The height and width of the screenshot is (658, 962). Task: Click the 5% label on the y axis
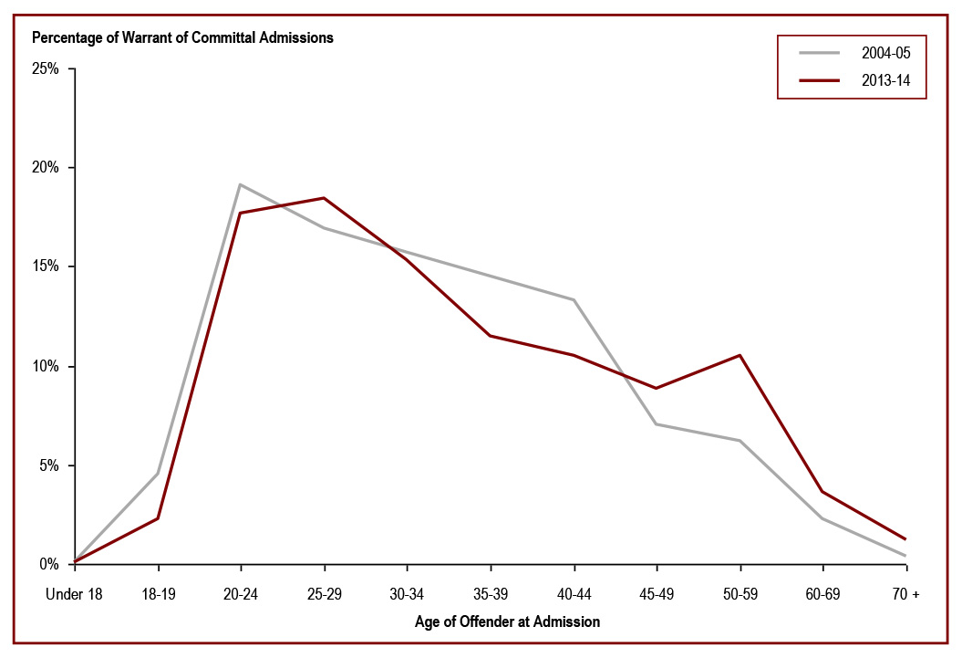tap(49, 465)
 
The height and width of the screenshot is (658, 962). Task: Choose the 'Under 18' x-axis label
tap(75, 594)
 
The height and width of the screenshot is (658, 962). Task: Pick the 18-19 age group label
tap(158, 594)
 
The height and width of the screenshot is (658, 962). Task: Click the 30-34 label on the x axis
tap(407, 594)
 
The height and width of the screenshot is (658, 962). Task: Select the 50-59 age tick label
tap(740, 594)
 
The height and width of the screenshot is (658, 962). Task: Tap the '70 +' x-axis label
tap(905, 594)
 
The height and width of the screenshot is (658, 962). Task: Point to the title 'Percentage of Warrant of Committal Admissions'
tap(183, 38)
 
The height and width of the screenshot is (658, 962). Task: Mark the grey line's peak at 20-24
tap(240, 184)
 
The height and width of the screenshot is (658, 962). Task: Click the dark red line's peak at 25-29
tap(324, 198)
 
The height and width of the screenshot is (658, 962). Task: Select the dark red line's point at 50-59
tap(740, 355)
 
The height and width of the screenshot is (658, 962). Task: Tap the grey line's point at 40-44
tap(574, 299)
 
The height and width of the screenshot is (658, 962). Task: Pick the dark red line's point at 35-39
tap(491, 336)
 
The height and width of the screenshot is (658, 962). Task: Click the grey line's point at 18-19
tap(158, 474)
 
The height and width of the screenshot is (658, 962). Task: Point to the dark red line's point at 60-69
tap(822, 491)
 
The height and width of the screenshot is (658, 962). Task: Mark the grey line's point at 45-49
tap(657, 423)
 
